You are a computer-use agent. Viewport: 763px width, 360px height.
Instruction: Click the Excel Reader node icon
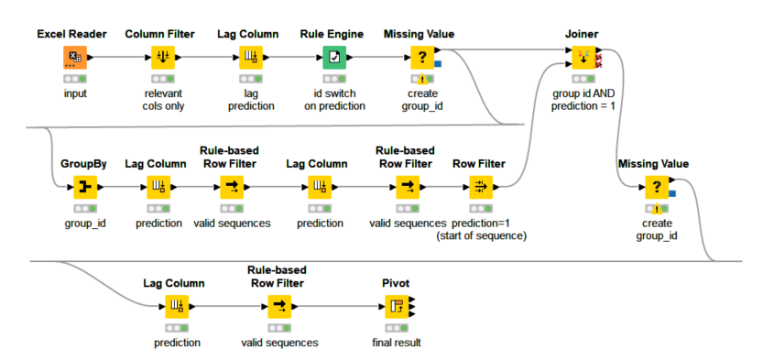pyautogui.click(x=73, y=58)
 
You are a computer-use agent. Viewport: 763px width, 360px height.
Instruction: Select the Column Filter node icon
pyautogui.click(x=161, y=58)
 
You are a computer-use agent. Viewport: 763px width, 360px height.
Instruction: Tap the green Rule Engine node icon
pyautogui.click(x=334, y=58)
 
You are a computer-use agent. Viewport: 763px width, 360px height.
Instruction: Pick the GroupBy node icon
pyautogui.click(x=84, y=188)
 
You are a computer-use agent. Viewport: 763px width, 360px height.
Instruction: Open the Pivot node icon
pyautogui.click(x=396, y=307)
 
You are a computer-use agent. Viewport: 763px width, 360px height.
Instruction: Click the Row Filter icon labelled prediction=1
pyautogui.click(x=479, y=188)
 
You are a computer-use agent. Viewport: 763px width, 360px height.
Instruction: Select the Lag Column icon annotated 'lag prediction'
pyautogui.click(x=249, y=58)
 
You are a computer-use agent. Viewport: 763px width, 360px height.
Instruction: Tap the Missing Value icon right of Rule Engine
pyautogui.click(x=421, y=58)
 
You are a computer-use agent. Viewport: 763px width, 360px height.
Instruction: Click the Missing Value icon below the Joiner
pyautogui.click(x=656, y=188)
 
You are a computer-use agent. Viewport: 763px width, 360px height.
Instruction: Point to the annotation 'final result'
pyautogui.click(x=396, y=344)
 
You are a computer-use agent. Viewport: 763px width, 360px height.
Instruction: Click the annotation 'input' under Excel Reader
pyautogui.click(x=74, y=93)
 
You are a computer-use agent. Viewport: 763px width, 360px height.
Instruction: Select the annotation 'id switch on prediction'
pyautogui.click(x=334, y=100)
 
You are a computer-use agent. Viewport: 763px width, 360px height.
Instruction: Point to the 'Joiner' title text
pyautogui.click(x=582, y=34)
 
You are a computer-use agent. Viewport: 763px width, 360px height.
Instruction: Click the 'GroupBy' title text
pyautogui.click(x=84, y=164)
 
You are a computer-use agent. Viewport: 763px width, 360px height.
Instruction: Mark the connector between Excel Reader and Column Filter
pyautogui.click(x=116, y=58)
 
